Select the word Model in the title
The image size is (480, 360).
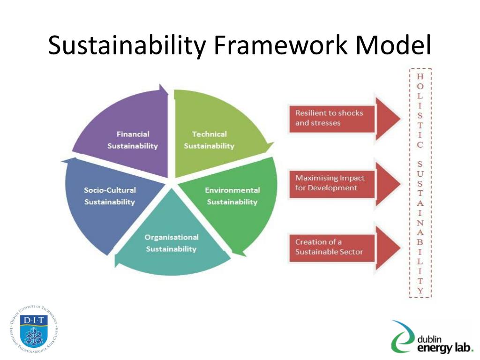393,45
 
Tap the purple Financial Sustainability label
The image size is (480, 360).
133,140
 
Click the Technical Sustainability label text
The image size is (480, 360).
209,140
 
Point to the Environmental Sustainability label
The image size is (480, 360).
232,196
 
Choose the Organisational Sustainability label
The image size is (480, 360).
171,243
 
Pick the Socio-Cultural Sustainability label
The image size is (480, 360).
110,196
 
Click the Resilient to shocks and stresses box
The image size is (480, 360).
331,118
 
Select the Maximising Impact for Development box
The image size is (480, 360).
331,183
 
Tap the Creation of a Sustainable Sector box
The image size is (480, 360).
331,247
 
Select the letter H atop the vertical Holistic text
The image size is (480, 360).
420,76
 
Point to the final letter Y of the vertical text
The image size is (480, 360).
420,291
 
